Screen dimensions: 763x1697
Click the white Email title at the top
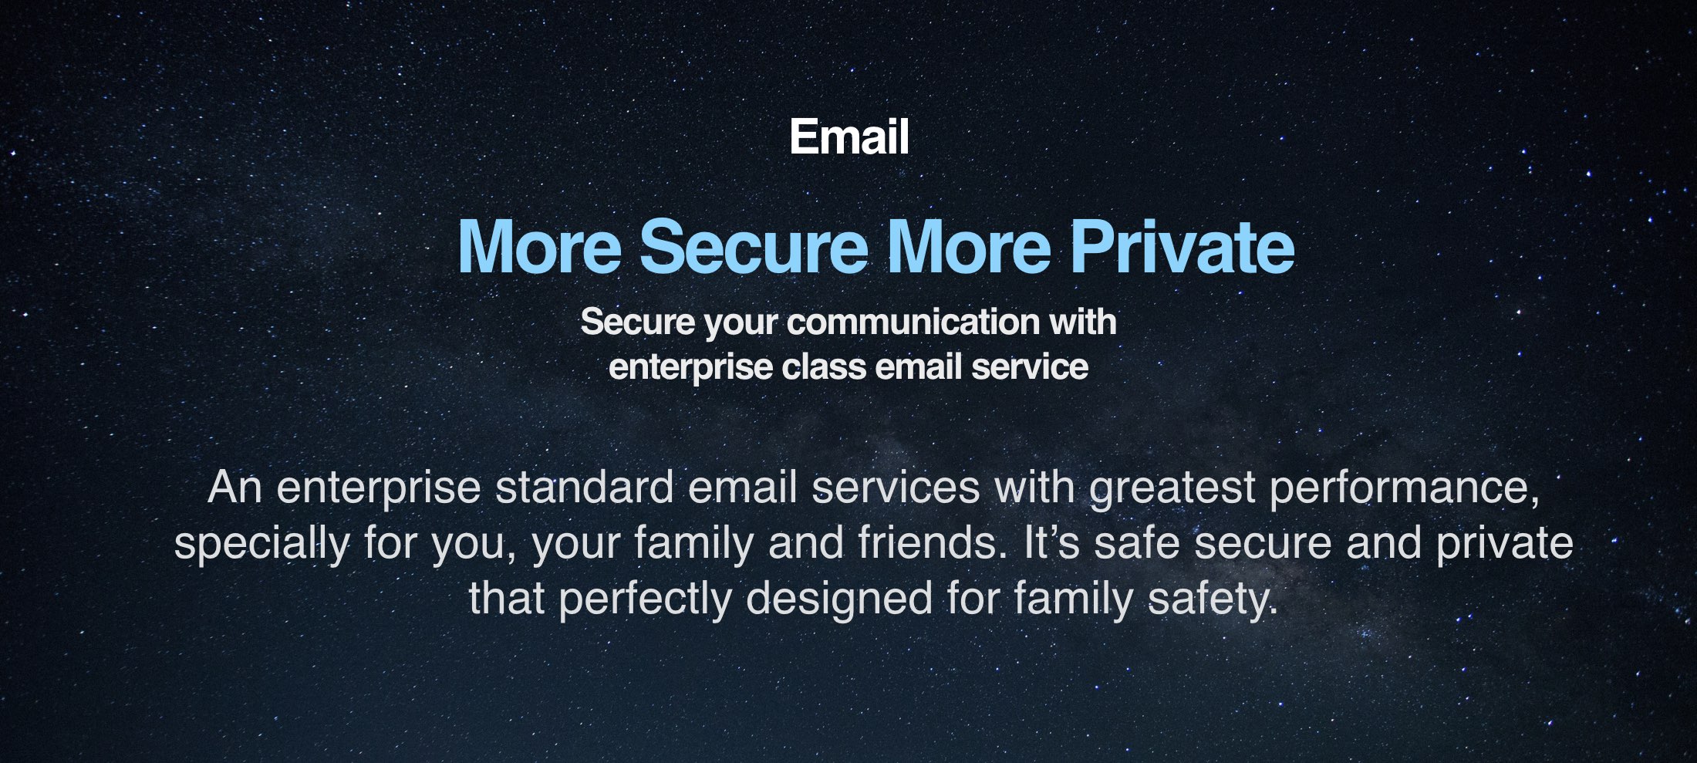pos(848,137)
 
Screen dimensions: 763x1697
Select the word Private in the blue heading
pos(1182,247)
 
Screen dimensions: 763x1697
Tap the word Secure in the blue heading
pos(754,247)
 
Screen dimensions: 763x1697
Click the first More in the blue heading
pos(539,247)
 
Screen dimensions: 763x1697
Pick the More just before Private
pos(969,247)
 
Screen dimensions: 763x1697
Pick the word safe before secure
pos(1137,542)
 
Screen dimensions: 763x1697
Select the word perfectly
pos(645,599)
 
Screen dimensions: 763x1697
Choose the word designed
pos(839,599)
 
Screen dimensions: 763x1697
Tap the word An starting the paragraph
pos(234,488)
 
